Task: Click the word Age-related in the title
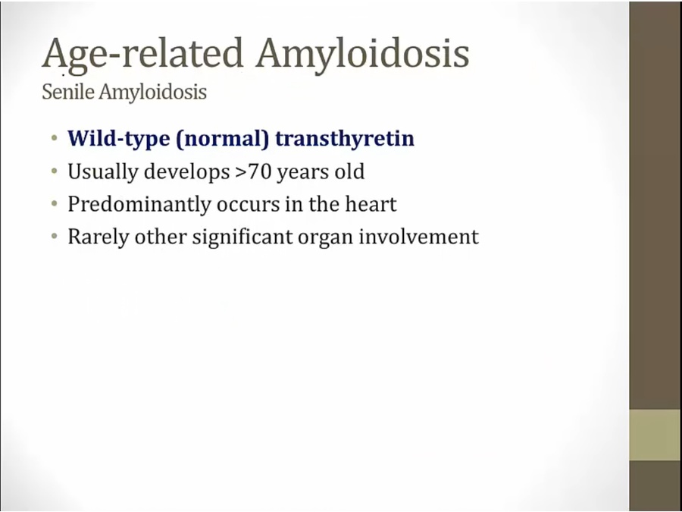tap(142, 55)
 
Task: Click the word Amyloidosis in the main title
tap(362, 55)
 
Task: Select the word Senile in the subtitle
tap(68, 92)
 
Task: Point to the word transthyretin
tap(345, 139)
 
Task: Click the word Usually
tap(102, 172)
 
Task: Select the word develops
tap(186, 172)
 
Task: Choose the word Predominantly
tap(139, 205)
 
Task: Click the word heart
tap(371, 204)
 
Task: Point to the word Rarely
tap(99, 237)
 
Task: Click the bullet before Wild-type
tap(54, 139)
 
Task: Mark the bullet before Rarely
tap(54, 237)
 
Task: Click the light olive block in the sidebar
tap(655, 435)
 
